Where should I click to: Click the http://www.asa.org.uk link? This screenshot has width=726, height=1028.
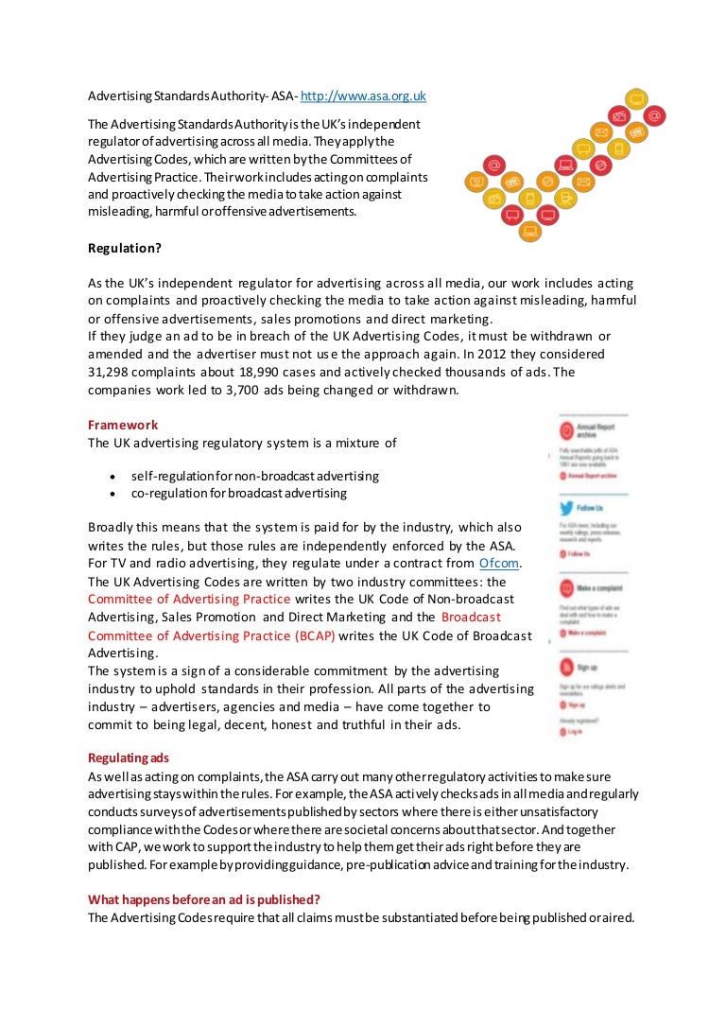coord(363,96)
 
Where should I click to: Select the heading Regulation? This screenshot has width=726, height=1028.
coord(125,249)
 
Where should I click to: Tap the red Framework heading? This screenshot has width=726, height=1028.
coord(123,425)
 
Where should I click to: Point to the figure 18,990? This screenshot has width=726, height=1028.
coord(268,372)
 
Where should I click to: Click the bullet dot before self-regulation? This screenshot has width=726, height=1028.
coord(113,476)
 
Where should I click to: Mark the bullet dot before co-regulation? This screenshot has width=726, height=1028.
coord(113,494)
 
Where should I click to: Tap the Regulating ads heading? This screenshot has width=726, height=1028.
coord(129,758)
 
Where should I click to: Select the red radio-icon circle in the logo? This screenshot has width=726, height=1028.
coord(620,115)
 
